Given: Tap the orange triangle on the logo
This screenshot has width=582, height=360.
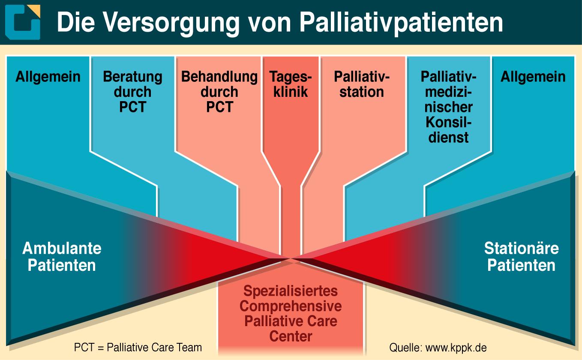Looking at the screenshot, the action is point(36,10).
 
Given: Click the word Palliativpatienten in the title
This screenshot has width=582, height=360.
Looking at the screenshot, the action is point(401,24).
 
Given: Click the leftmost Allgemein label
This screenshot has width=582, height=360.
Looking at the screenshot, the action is point(48,77).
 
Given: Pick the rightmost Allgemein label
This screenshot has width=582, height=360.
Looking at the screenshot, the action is point(533,77).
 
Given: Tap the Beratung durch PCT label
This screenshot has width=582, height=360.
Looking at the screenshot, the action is point(132,92).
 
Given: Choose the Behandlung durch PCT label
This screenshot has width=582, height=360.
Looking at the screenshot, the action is point(219,92).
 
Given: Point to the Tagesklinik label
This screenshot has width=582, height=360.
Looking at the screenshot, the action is point(291,84).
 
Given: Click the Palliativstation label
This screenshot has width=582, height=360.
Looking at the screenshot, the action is point(362,84).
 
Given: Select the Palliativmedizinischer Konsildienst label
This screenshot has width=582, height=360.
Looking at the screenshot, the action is point(448,107).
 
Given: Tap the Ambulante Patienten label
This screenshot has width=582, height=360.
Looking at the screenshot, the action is point(62,257).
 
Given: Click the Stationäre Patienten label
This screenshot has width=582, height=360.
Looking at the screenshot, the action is point(522,257).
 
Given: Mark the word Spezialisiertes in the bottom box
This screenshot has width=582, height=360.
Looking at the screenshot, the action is point(291,291).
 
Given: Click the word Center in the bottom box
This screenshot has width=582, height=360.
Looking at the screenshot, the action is point(291,336).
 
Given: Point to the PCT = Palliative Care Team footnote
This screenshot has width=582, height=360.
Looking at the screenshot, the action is point(138,348).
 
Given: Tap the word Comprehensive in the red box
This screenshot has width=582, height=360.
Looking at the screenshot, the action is point(291,306).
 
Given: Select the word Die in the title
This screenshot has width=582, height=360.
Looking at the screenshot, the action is point(76,22).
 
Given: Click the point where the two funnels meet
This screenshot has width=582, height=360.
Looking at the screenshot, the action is point(291,258).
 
